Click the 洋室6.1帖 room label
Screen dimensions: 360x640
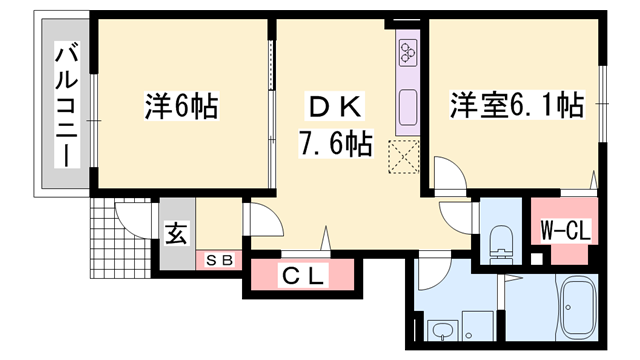516,103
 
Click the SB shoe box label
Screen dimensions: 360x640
219,260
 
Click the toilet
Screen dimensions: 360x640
500,240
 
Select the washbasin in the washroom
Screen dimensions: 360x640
440,331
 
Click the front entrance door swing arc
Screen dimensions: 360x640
130,215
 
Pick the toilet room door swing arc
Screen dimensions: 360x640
455,212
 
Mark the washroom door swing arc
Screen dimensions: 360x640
432,270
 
